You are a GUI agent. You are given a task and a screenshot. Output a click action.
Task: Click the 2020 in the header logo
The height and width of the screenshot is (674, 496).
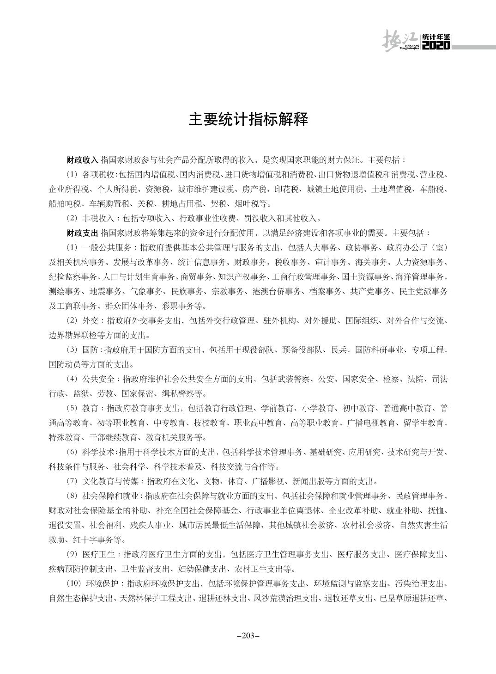436,45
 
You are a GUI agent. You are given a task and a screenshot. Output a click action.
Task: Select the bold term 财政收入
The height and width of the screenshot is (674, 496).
83,160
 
